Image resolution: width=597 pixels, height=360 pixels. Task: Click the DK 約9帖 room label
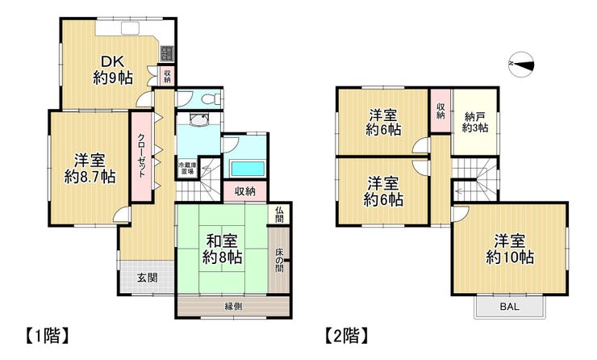113,69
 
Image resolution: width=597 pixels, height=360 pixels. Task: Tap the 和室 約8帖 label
222,249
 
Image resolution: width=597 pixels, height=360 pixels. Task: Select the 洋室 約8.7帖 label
90,169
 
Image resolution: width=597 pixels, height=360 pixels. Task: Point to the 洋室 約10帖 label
510,249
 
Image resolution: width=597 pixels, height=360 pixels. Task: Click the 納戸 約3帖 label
475,122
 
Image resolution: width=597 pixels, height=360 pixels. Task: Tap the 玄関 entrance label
148,278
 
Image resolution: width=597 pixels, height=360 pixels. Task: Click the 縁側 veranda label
233,306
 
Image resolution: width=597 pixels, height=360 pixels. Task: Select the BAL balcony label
509,306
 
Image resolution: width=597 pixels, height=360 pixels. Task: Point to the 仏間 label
279,215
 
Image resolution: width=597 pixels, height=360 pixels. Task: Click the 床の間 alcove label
279,260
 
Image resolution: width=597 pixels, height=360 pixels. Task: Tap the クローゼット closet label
141,156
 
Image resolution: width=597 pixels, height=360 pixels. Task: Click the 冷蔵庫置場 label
188,169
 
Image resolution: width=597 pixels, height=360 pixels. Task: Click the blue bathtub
248,169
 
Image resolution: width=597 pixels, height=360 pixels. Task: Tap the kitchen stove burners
166,54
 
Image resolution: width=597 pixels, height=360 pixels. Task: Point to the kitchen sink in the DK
130,28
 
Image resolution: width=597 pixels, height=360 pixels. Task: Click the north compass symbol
521,65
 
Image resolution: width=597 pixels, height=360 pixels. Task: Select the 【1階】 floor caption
48,336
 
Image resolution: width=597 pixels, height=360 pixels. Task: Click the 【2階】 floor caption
346,336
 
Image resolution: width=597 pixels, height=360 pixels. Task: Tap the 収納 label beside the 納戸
440,111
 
